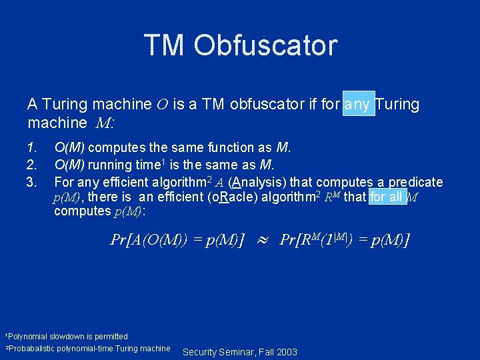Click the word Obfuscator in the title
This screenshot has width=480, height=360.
[x=265, y=45]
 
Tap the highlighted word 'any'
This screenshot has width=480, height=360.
[x=359, y=105]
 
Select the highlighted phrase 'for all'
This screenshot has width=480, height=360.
[x=387, y=197]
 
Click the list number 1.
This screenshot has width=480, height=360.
[x=31, y=147]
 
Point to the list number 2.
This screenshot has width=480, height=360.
[x=31, y=165]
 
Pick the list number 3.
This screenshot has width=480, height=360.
[x=31, y=182]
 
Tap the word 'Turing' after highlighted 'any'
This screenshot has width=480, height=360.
[x=398, y=105]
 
